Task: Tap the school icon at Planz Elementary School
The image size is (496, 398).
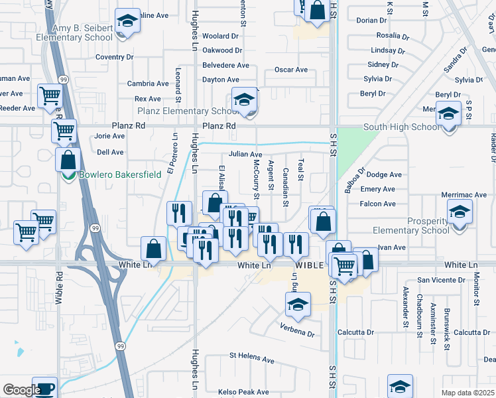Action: pyautogui.click(x=244, y=100)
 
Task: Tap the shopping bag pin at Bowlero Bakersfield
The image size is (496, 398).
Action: pyautogui.click(x=68, y=160)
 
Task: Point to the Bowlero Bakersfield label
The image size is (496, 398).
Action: pyautogui.click(x=110, y=176)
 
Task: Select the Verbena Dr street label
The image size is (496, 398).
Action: pyautogui.click(x=296, y=334)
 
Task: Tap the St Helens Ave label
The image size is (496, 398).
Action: pyautogui.click(x=251, y=360)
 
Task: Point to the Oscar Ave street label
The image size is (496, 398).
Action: pyautogui.click(x=291, y=70)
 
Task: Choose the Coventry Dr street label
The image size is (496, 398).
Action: pyautogui.click(x=114, y=57)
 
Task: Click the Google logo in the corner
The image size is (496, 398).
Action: pyautogui.click(x=21, y=390)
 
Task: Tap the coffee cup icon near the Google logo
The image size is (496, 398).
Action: pyautogui.click(x=44, y=389)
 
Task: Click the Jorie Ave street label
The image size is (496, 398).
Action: pyautogui.click(x=109, y=136)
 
